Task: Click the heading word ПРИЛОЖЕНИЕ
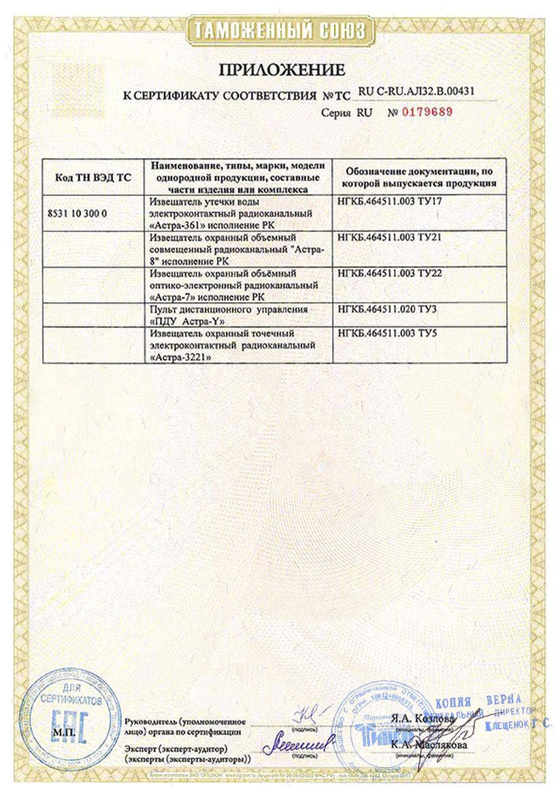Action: pyautogui.click(x=282, y=69)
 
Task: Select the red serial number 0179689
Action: pyautogui.click(x=427, y=111)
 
